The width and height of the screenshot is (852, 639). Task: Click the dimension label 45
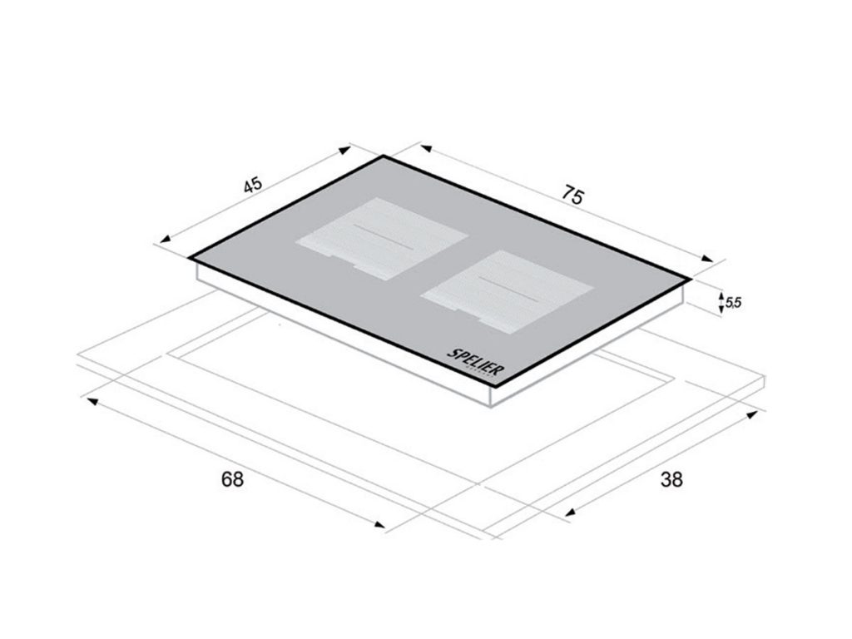(x=253, y=185)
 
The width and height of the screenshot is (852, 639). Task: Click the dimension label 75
(x=572, y=195)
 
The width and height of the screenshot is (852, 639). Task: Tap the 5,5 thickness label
(x=733, y=302)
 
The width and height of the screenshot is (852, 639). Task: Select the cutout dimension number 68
(x=233, y=479)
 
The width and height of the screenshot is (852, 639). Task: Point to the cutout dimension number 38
(x=671, y=479)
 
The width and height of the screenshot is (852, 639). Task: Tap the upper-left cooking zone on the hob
(x=381, y=239)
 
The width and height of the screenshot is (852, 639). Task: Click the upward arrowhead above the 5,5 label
(x=721, y=297)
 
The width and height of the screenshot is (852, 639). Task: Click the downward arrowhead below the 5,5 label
(x=721, y=309)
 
